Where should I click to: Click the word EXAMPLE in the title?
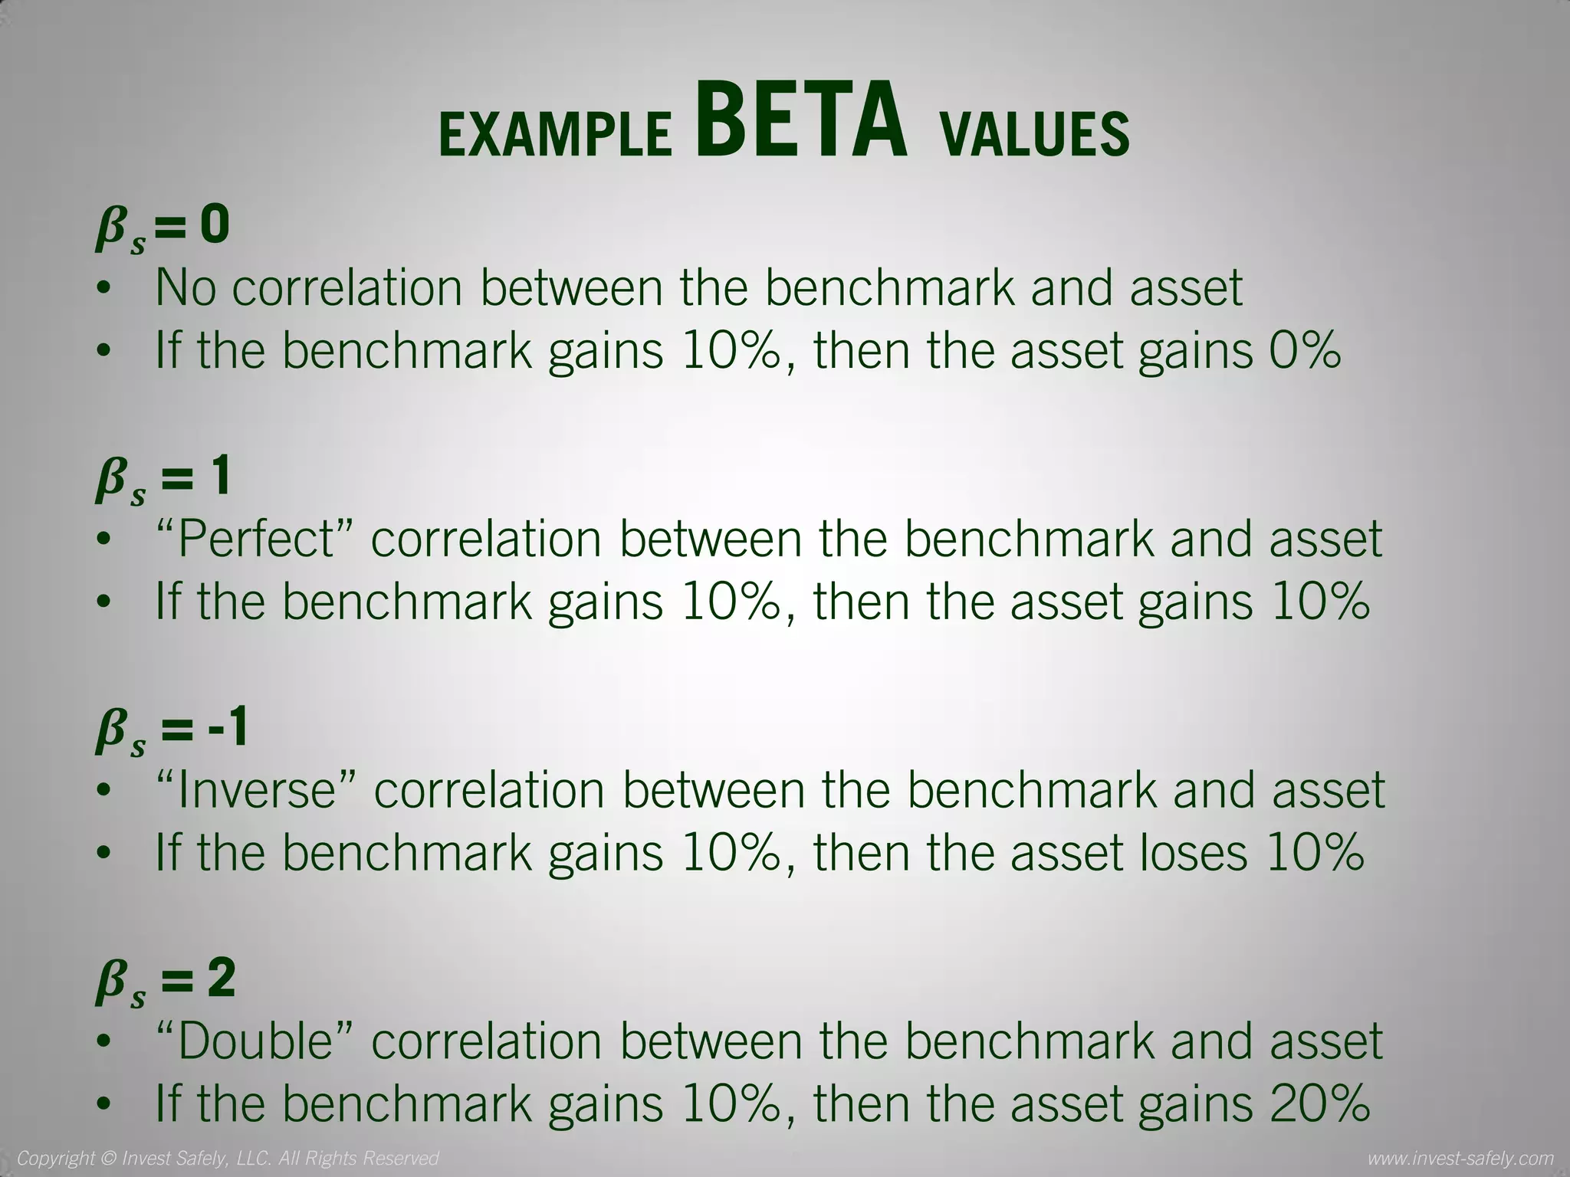click(x=555, y=135)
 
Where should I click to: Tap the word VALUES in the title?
click(x=1034, y=135)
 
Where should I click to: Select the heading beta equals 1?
click(x=163, y=480)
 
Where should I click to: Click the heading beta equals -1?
click(x=172, y=730)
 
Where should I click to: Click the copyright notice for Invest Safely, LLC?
click(x=228, y=1158)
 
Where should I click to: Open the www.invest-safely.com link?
click(x=1460, y=1158)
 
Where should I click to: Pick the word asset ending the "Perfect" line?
click(x=1325, y=539)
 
